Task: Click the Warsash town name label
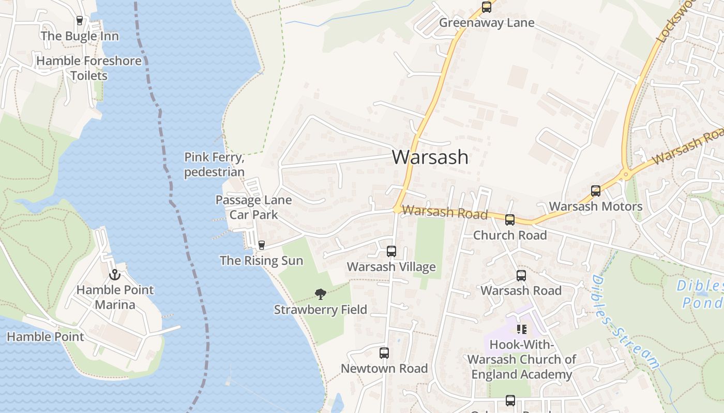[x=430, y=157]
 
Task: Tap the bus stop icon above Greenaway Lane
[x=486, y=7]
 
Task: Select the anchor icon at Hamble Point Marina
[x=114, y=275]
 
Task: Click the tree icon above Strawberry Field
[x=321, y=294]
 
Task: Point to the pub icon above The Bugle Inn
[x=80, y=21]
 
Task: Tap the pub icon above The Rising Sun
[x=261, y=245]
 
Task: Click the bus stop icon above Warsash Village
[x=391, y=251]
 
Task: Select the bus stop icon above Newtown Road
[x=384, y=353]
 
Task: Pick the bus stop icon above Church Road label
[x=510, y=220]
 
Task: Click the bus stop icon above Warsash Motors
[x=596, y=191]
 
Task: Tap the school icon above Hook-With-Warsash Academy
[x=521, y=329]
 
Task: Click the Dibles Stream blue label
[x=625, y=322]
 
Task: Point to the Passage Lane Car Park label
[x=253, y=207]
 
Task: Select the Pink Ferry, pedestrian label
[x=214, y=164]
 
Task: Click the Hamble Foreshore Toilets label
[x=89, y=68]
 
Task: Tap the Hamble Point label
[x=45, y=337]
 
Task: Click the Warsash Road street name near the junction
[x=445, y=212]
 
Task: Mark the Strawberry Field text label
[x=321, y=310]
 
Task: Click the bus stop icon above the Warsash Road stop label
[x=521, y=276]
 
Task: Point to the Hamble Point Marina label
[x=115, y=297]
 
